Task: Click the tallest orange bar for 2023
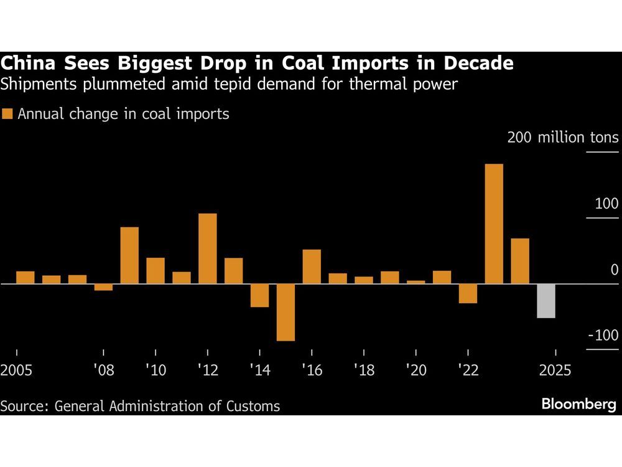493,224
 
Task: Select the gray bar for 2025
546,301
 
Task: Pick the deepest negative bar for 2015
285,312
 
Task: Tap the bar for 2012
208,248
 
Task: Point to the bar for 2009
129,255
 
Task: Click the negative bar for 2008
103,287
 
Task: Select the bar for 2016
312,267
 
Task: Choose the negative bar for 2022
468,293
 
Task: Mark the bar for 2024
520,261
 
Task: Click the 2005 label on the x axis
17,370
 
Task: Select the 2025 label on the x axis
555,370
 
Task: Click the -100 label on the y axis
602,336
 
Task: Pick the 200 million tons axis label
562,138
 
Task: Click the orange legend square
7,114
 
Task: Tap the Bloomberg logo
578,405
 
